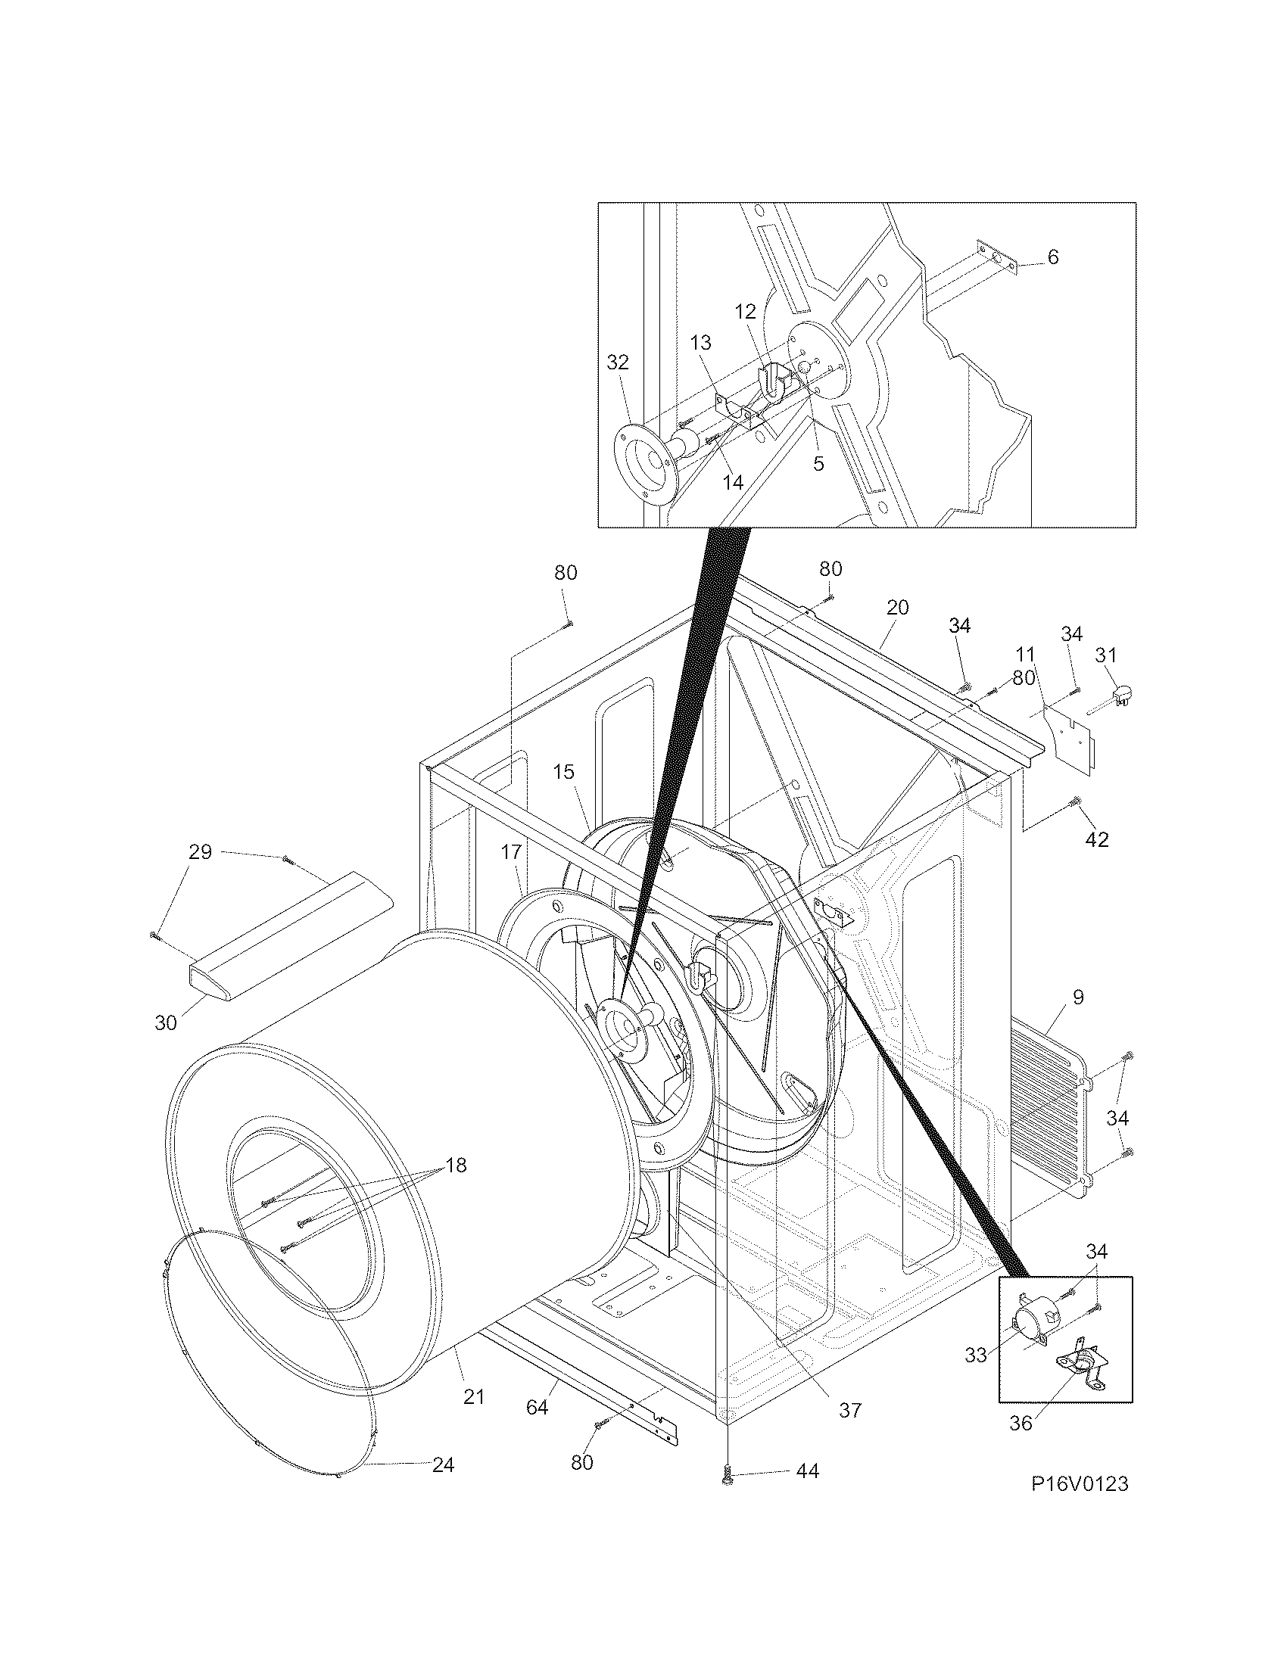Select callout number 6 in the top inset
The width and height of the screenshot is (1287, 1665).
(x=1053, y=257)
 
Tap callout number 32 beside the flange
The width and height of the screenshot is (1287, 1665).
(x=618, y=362)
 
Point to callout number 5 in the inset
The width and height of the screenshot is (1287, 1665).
(x=818, y=463)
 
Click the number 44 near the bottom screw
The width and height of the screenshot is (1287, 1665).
(x=807, y=1470)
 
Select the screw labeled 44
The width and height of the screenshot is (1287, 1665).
(x=726, y=1477)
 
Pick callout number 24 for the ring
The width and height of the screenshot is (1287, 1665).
(x=443, y=1464)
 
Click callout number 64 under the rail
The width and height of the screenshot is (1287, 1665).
(x=537, y=1408)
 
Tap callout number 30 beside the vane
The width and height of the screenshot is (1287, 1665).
(x=166, y=1022)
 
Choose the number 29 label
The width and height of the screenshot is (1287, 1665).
(x=200, y=851)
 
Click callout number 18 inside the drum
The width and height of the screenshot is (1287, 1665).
(x=455, y=1165)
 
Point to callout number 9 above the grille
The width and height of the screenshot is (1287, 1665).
(x=1077, y=997)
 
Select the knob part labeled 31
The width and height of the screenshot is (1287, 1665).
(x=1122, y=695)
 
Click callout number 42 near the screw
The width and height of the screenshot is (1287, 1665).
(x=1098, y=839)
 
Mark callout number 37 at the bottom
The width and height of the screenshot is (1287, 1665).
(x=849, y=1411)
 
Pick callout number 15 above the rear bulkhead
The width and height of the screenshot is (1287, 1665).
(x=563, y=771)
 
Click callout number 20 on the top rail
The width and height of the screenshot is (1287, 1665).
(x=897, y=608)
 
